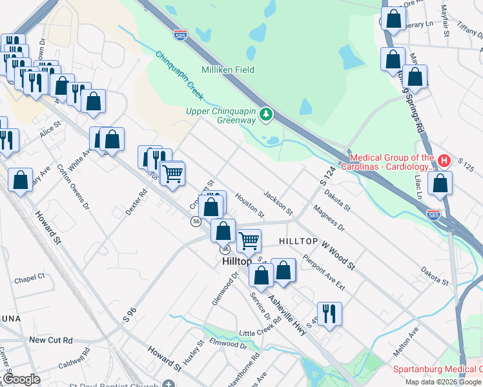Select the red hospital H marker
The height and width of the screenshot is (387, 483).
pos(444,160)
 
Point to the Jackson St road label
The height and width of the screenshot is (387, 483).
pos(278,203)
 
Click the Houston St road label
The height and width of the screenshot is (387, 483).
pos(249,204)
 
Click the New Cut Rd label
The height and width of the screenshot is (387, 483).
pos(51,340)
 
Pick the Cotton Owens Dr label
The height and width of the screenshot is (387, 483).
pos(72,186)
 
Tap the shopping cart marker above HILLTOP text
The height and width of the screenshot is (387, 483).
pos(249,241)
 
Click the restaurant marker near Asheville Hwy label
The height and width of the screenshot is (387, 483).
pos(329,313)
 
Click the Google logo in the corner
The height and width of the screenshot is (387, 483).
pos(21,379)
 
